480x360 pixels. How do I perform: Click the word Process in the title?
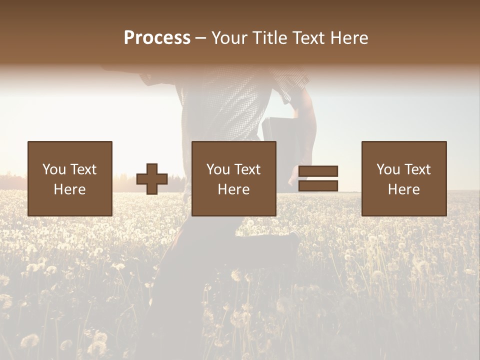[157, 38]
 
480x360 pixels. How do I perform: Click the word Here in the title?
[350, 38]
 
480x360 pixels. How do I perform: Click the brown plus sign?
[152, 179]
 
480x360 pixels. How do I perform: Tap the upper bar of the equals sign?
[318, 171]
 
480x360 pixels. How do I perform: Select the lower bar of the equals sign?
[318, 186]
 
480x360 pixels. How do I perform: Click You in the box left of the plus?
[54, 169]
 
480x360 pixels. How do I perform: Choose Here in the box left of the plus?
[69, 189]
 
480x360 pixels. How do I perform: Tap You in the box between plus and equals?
[218, 169]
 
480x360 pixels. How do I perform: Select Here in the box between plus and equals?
[233, 189]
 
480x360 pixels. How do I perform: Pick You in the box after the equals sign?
[388, 169]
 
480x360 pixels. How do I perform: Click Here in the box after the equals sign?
[403, 189]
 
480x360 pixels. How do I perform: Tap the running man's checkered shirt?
[225, 105]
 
